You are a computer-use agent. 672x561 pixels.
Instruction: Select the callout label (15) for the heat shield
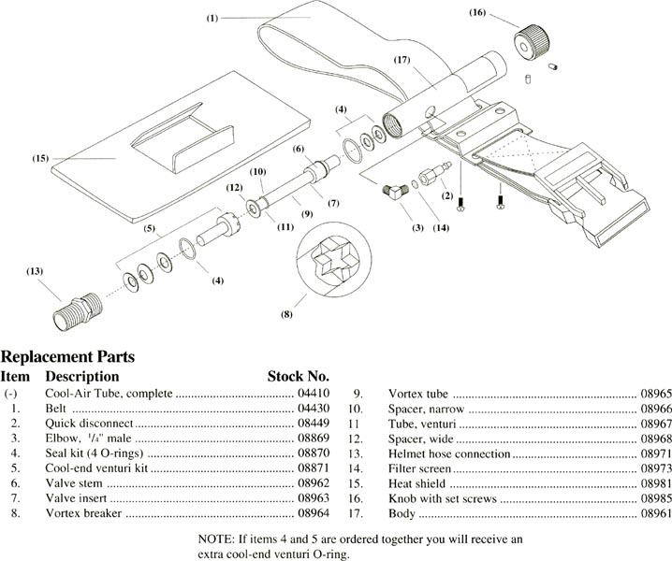click(39, 159)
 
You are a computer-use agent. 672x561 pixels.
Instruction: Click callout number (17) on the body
click(403, 61)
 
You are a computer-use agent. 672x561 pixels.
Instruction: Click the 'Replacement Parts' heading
click(67, 356)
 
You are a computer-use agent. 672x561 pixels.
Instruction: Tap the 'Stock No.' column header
click(299, 376)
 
